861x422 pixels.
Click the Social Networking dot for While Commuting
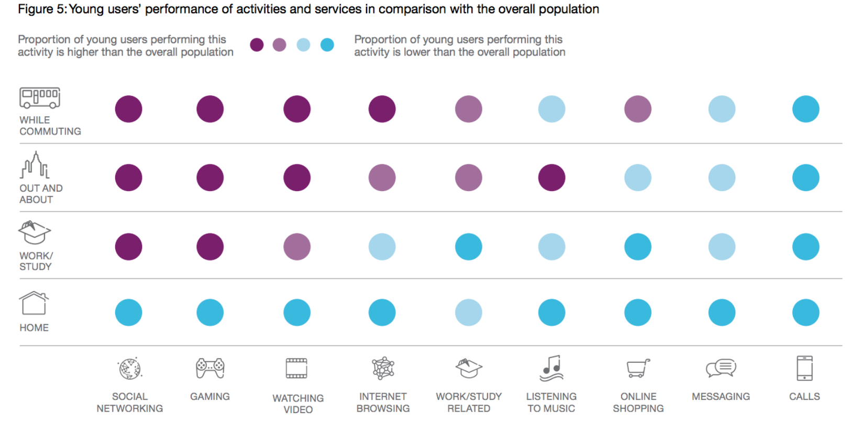[128, 109]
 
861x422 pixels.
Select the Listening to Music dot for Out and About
[551, 177]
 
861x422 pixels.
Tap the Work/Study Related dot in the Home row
[469, 313]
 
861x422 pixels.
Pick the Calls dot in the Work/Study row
[805, 247]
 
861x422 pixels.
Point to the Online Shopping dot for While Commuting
[638, 109]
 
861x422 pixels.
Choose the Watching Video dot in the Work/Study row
[297, 247]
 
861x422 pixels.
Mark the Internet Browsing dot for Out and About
[382, 177]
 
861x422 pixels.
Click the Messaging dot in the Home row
[722, 313]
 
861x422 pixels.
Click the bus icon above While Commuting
[40, 98]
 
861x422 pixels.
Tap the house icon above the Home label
[34, 303]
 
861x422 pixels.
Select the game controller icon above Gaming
[210, 368]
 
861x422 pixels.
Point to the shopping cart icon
[638, 368]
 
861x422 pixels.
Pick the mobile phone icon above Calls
[804, 368]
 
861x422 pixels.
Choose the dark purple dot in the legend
[257, 45]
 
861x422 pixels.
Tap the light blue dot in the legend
[303, 45]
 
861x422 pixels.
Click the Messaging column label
[721, 396]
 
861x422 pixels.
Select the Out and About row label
[41, 194]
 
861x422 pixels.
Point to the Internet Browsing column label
[383, 402]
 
